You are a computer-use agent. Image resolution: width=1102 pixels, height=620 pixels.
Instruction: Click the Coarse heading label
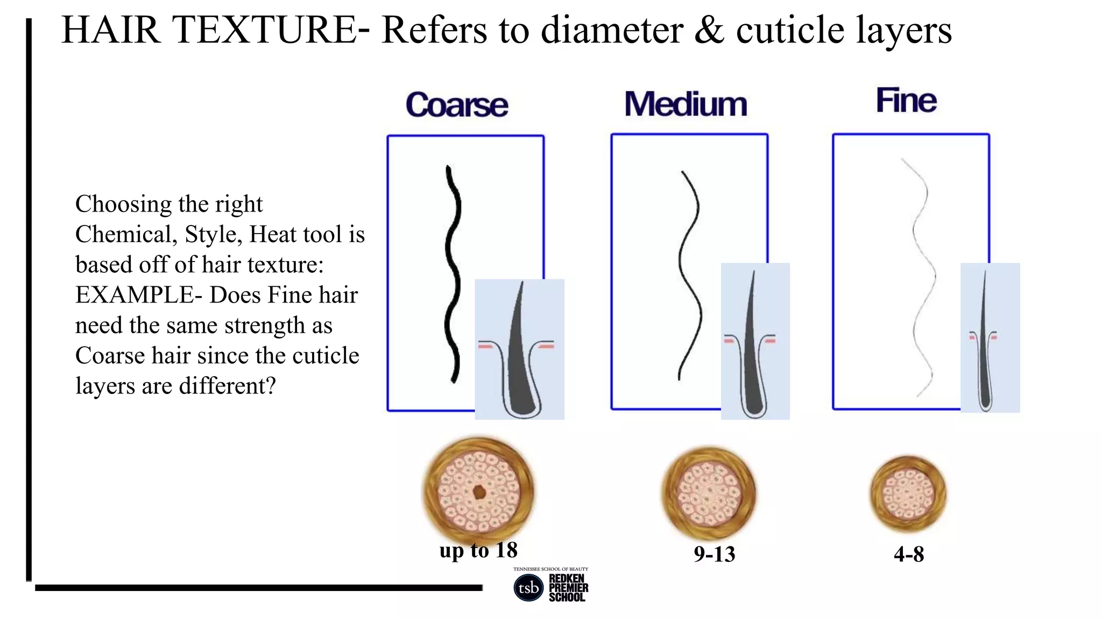click(457, 104)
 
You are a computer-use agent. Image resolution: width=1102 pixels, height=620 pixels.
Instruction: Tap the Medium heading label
click(686, 104)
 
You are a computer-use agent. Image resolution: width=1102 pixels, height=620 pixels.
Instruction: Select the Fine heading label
click(906, 101)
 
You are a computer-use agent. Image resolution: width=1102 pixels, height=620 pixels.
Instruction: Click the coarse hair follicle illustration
click(519, 350)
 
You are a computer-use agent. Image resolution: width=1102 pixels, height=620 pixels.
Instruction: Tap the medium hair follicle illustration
click(755, 342)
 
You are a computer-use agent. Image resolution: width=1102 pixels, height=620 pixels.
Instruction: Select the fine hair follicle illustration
click(990, 338)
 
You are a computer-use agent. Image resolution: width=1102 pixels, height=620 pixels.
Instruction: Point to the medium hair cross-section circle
click(709, 493)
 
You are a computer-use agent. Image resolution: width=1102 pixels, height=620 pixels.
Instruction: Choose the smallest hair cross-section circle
click(908, 494)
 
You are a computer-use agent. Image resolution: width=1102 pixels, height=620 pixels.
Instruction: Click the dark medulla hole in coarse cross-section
click(478, 491)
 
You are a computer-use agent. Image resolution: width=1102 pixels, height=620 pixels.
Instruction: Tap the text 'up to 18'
click(478, 550)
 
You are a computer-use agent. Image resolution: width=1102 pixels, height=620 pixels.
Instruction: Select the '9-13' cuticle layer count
click(714, 554)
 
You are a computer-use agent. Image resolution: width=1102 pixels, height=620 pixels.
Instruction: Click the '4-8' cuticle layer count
click(908, 554)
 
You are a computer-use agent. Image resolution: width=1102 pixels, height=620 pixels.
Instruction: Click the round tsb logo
click(528, 588)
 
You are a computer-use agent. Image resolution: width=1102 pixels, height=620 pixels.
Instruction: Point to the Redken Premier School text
click(568, 588)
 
